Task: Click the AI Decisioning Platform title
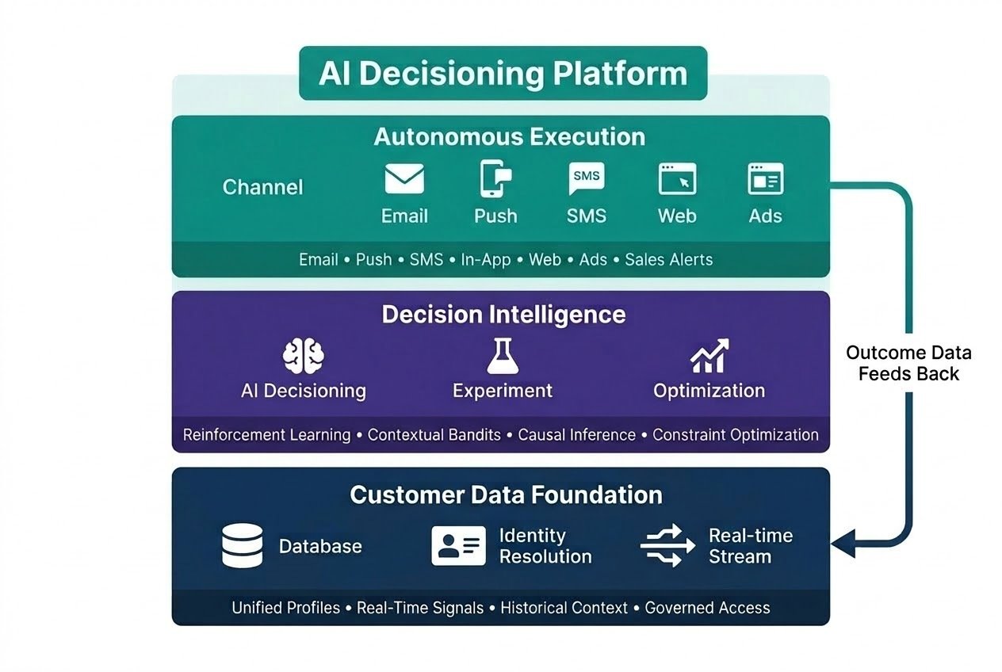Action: (x=503, y=74)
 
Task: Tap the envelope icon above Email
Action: (x=404, y=179)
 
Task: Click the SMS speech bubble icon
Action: (x=586, y=178)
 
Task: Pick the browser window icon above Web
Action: (x=677, y=179)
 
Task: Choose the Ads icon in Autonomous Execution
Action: (x=765, y=179)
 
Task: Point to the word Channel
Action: (x=262, y=187)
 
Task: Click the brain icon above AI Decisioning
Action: (x=303, y=357)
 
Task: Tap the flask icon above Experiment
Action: (x=502, y=357)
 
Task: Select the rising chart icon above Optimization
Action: (x=709, y=357)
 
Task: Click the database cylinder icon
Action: (x=242, y=547)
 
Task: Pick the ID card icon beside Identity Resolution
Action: (x=458, y=546)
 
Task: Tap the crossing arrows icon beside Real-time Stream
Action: (x=662, y=546)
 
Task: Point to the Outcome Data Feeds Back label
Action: (x=908, y=363)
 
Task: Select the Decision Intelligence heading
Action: (x=503, y=315)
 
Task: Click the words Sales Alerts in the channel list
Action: (x=668, y=260)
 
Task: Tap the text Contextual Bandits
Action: (x=434, y=435)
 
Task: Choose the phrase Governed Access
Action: (x=707, y=608)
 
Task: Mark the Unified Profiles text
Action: (x=285, y=608)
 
